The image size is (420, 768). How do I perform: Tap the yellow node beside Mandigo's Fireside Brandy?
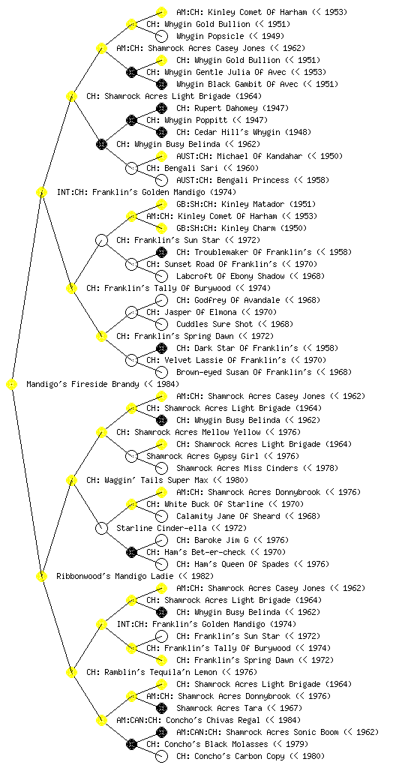(12, 385)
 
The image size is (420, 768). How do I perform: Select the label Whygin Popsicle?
(210, 36)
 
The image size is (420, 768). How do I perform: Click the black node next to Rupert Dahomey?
(161, 108)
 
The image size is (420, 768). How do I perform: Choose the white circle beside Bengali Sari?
(131, 168)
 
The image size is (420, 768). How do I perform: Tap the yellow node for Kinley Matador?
(161, 204)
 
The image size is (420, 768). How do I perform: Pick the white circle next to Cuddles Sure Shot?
(161, 324)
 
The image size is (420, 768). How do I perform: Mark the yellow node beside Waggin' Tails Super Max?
(71, 481)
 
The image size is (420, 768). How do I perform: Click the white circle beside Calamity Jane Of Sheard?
(161, 516)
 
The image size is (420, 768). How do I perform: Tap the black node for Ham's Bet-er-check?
(131, 552)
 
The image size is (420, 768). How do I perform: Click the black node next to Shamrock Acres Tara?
(161, 708)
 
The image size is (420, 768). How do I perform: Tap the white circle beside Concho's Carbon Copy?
(161, 756)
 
